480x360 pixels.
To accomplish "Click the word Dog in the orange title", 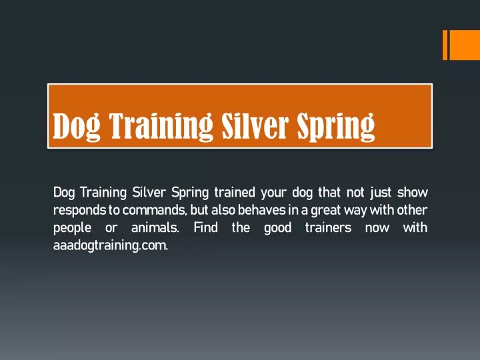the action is [77, 126].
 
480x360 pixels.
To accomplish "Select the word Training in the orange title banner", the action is [161, 126].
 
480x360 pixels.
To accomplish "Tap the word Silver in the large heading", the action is [255, 125].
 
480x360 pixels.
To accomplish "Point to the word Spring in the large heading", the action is [336, 127].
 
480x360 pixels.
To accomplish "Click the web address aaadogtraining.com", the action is [111, 245].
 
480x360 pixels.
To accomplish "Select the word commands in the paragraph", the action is [155, 210].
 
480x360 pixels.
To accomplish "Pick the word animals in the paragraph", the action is [155, 228].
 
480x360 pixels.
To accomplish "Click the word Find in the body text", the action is [206, 228].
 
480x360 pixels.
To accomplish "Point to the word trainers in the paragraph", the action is [328, 228].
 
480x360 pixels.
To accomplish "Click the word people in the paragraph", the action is [72, 229].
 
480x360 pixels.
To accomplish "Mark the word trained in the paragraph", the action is [235, 192].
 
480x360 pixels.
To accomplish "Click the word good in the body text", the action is [277, 229].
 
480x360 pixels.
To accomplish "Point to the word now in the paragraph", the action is [377, 229].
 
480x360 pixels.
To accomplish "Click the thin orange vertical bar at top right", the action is [445, 45].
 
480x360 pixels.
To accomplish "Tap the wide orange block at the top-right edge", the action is [465, 45].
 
